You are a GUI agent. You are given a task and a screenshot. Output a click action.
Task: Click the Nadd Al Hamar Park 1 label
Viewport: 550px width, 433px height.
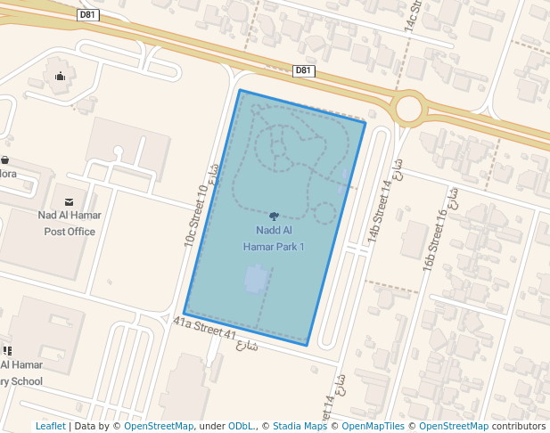point(274,238)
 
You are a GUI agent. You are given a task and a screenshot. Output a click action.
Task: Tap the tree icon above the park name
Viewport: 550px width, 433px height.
point(274,216)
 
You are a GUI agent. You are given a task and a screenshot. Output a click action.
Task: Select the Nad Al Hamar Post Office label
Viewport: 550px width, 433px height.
point(70,223)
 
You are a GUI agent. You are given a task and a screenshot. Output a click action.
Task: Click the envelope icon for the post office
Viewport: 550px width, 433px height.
point(70,201)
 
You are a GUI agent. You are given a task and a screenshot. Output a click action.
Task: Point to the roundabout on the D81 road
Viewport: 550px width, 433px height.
point(408,109)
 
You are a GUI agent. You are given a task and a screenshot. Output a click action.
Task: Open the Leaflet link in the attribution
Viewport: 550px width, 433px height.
point(50,427)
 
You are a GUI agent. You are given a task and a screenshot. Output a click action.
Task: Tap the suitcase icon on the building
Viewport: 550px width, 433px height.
point(60,77)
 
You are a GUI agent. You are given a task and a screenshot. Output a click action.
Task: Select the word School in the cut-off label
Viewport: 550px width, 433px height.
point(25,381)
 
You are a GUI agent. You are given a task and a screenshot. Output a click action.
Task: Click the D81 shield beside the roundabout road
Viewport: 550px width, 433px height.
point(304,70)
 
